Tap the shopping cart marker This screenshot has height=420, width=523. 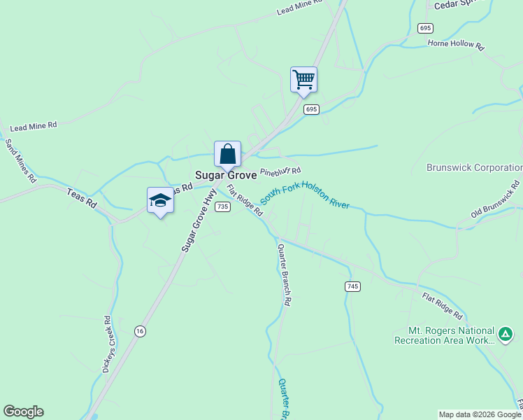coord(304,80)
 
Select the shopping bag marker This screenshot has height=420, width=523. coord(228,154)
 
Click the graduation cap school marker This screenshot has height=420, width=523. coord(161,201)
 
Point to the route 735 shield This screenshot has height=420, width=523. coord(222,206)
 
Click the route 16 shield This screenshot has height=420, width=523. coord(141,331)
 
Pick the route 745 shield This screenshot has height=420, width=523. coord(352,286)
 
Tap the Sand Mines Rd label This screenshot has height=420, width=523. coord(20,160)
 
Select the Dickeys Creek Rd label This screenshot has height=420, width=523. coord(107,344)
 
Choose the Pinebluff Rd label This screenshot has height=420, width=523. coord(280,171)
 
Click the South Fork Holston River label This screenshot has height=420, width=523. coord(305,194)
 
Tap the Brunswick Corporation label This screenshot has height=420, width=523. coord(475,168)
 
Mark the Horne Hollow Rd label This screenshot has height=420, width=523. coord(456,45)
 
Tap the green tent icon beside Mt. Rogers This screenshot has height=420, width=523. coord(505,335)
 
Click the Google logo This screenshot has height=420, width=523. coord(23,412)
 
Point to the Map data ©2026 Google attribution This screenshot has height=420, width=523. coord(480,414)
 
